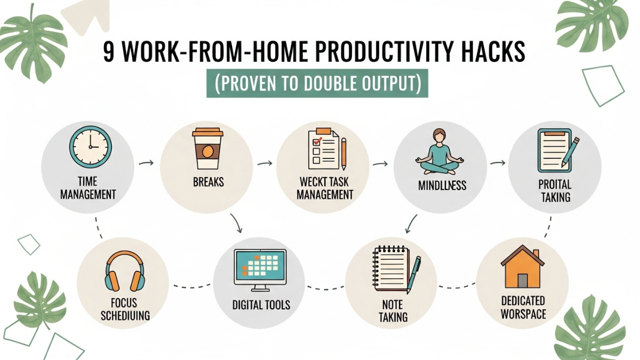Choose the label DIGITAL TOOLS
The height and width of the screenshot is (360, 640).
click(x=261, y=305)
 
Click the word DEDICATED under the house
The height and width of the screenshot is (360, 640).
click(x=523, y=301)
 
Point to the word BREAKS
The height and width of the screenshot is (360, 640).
click(x=208, y=182)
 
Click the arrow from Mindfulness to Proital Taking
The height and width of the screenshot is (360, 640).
click(x=498, y=161)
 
